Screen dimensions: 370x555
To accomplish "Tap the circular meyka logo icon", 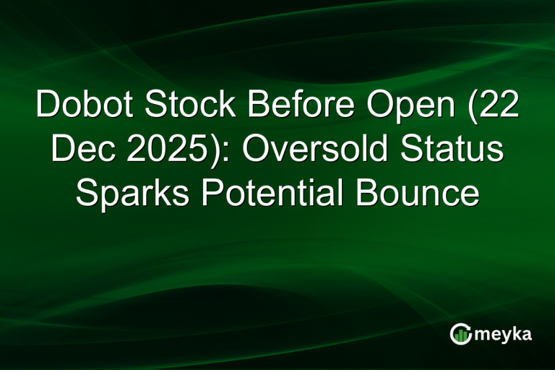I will [x=460, y=334].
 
